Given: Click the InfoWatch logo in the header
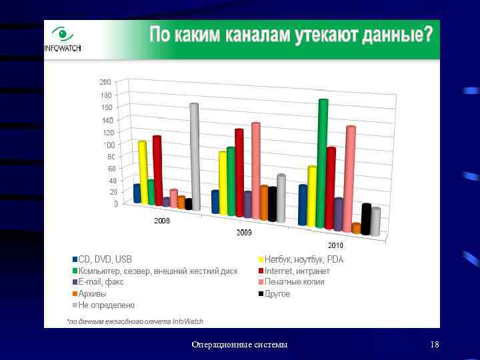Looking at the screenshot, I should coord(62,39).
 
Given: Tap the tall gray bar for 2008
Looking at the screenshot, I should coord(195,157).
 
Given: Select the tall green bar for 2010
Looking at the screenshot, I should coord(323,163).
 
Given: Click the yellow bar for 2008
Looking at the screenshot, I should coord(143,172).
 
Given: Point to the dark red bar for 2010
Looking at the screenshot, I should coord(331,188).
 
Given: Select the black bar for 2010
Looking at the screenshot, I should coord(366,219).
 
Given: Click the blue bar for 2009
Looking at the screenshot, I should coord(215,201).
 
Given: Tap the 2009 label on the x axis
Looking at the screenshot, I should coord(245,233).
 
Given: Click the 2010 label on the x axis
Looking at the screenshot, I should coord(335,246).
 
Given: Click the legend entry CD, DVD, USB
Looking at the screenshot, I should coord(105,259).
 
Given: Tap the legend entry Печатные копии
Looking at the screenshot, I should coord(294,282).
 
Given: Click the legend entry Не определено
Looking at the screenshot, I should coord(106,305).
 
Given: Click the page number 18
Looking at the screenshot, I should coord(435,344).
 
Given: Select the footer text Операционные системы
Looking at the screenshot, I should coord(239,344).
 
